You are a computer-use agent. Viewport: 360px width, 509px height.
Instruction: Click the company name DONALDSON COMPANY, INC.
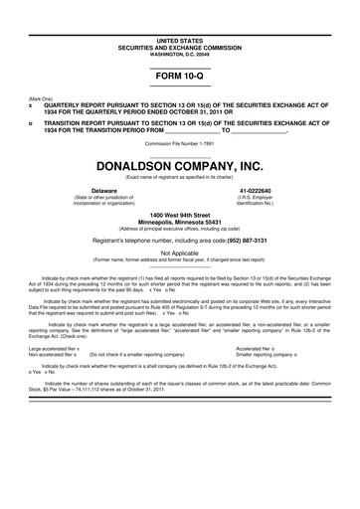[x=180, y=167]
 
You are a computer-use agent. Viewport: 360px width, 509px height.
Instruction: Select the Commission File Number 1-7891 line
[x=180, y=142]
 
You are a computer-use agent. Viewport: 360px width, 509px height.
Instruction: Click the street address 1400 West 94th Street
[x=180, y=214]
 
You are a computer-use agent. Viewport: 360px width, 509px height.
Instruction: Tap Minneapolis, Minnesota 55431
[x=180, y=222]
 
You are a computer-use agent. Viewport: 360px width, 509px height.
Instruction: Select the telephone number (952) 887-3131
[x=243, y=240]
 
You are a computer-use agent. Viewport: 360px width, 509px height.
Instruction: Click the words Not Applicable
[x=180, y=254]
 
